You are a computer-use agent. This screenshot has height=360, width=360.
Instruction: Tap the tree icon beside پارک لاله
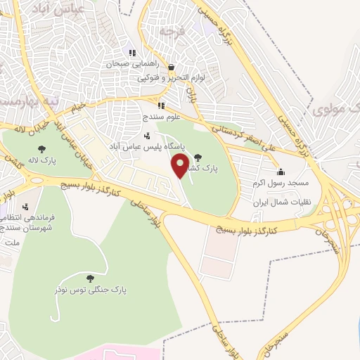tap(42, 148)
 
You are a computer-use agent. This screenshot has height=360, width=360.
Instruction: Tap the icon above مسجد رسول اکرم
tap(281, 172)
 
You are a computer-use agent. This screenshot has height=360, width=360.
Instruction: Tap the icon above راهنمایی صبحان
tap(131, 53)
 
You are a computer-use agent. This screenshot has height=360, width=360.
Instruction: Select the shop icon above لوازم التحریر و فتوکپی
tap(172, 67)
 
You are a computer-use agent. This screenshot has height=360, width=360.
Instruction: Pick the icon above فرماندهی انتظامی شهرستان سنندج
tap(26, 207)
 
